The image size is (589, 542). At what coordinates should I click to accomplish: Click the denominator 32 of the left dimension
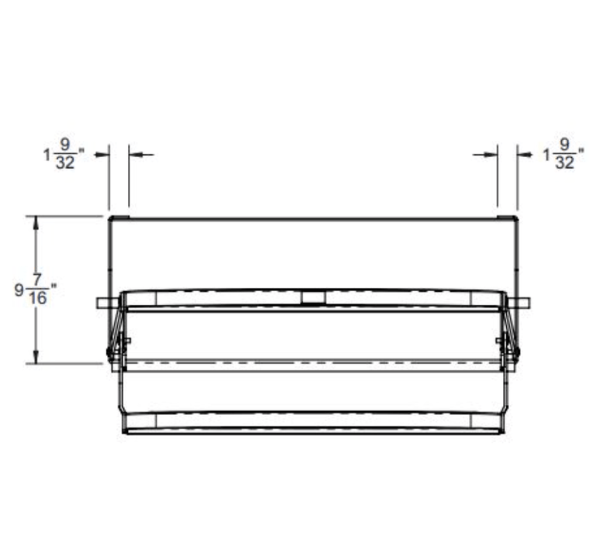click(x=65, y=163)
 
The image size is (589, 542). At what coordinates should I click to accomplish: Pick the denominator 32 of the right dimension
click(x=565, y=163)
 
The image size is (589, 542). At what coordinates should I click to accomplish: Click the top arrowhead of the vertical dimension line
click(x=36, y=221)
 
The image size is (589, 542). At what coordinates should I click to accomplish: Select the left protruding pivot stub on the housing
click(x=102, y=303)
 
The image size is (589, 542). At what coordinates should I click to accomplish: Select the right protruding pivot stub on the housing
click(x=524, y=303)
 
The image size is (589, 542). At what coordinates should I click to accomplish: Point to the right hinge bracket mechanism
click(x=509, y=337)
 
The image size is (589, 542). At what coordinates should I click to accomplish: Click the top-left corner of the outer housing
click(x=109, y=218)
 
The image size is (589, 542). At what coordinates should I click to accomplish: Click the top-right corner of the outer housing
click(x=517, y=218)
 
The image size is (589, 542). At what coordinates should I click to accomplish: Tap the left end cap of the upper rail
click(x=139, y=298)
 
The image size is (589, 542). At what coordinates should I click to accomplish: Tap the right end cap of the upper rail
click(x=487, y=298)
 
